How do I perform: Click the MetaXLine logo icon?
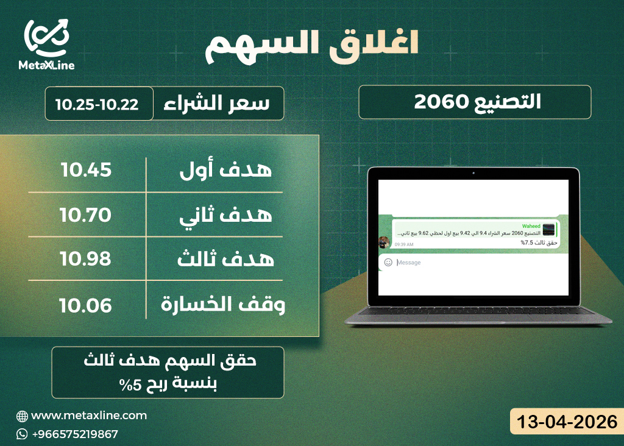click(46, 38)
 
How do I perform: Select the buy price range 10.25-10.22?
click(97, 104)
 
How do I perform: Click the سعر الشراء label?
click(216, 103)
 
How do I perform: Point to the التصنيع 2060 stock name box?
click(475, 102)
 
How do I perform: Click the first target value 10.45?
click(86, 169)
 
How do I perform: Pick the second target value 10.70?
click(86, 214)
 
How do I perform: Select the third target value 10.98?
click(86, 259)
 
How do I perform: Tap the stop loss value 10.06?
click(86, 304)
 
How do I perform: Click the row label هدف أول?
click(226, 171)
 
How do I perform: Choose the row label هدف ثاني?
click(226, 215)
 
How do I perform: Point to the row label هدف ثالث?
click(226, 260)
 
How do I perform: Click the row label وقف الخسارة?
click(223, 304)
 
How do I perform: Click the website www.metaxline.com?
click(89, 416)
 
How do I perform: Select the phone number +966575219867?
click(74, 434)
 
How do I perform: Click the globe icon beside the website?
click(23, 416)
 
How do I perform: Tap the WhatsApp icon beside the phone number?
click(23, 434)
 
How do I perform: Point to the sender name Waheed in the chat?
click(531, 226)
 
